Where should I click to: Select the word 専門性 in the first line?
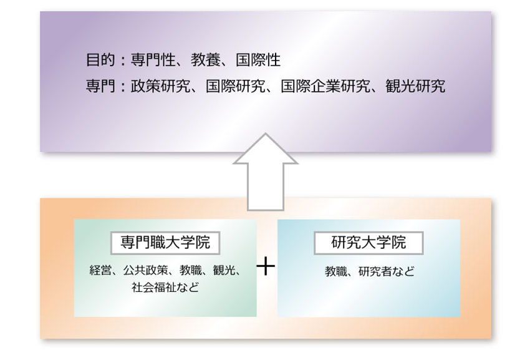point(153,61)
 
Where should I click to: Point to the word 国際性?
point(258,61)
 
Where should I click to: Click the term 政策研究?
point(160,86)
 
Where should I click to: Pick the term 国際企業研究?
point(325,86)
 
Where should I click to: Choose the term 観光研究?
point(415,86)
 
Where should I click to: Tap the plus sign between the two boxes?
point(266,266)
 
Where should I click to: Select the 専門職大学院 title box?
point(165,243)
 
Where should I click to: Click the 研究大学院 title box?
point(369,243)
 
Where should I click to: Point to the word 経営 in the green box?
point(100,270)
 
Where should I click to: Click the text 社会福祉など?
point(165,287)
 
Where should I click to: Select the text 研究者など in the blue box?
point(387,271)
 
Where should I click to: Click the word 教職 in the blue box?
point(336,271)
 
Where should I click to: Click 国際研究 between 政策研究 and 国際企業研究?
point(235,86)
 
